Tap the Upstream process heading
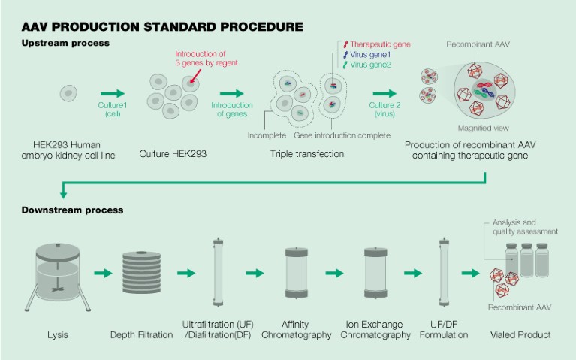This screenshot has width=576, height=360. click(65, 43)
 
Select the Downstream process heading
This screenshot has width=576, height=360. click(71, 210)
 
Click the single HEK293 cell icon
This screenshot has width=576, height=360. click(68, 94)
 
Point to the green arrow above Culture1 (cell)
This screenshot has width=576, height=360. click(113, 94)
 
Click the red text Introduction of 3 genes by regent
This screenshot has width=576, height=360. click(207, 59)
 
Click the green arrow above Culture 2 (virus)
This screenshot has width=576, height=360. click(386, 94)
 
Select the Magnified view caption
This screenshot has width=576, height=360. click(478, 128)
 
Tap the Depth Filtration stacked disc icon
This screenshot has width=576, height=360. click(143, 271)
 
